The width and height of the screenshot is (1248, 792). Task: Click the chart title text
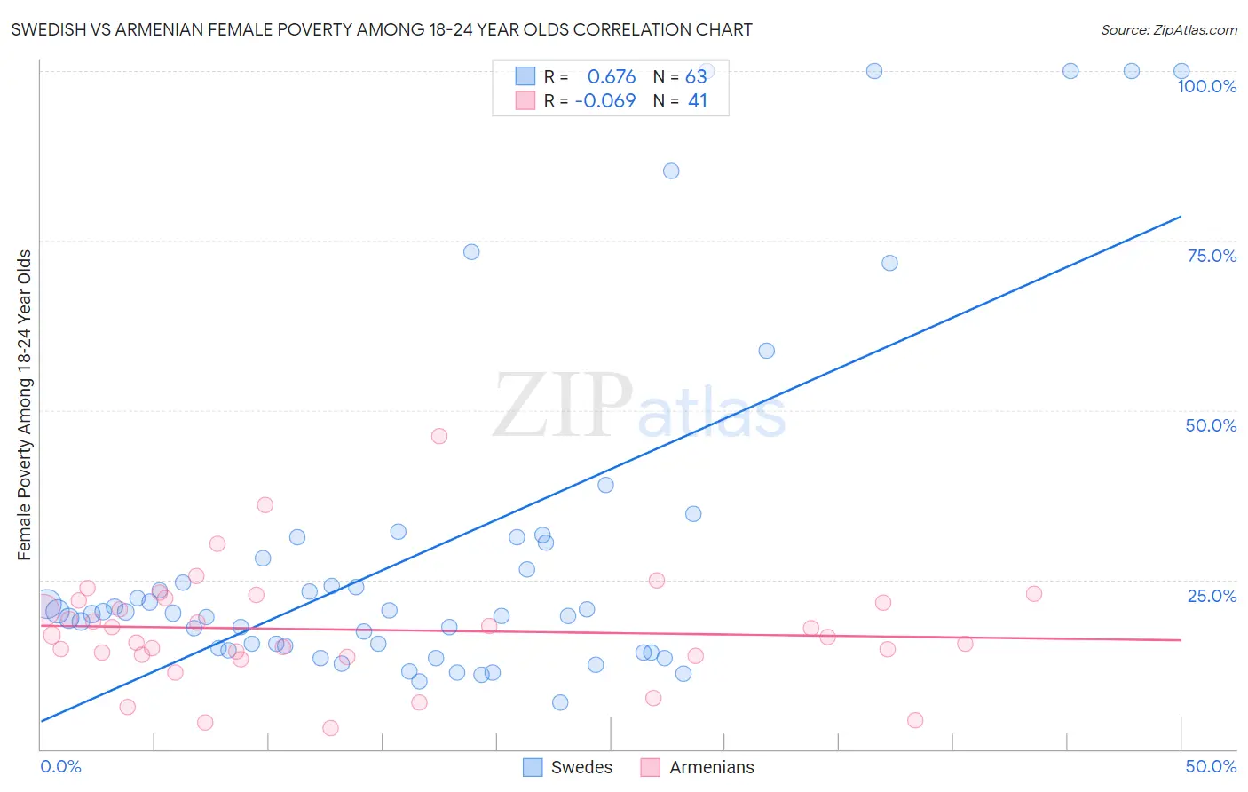tap(381, 29)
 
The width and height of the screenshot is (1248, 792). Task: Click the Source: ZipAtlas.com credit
tap(1168, 29)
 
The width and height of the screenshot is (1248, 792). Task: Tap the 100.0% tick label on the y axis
tap(1206, 86)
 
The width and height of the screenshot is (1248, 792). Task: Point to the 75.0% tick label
tap(1211, 256)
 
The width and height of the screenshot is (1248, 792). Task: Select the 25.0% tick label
tap(1211, 596)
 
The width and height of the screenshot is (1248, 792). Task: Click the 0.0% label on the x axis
tap(60, 766)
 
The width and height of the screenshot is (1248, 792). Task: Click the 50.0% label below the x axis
tap(1210, 766)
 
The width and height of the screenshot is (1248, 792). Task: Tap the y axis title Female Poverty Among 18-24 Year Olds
tap(25, 405)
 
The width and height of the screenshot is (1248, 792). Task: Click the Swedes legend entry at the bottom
tap(568, 767)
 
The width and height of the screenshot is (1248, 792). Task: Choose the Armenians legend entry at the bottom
tap(698, 767)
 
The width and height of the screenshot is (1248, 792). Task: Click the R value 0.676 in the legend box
tap(611, 76)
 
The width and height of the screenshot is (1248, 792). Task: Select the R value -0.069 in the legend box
tap(605, 101)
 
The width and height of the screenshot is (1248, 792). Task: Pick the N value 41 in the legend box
tap(698, 101)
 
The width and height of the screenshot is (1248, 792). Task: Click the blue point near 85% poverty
tap(671, 170)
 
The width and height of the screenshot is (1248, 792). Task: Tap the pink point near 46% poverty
tap(438, 436)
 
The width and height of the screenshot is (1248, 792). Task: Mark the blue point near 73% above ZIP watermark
tap(471, 252)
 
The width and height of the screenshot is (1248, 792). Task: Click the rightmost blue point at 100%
tap(1181, 71)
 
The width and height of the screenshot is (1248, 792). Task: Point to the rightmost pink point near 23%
tap(1033, 594)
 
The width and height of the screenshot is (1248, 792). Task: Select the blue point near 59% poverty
tap(766, 351)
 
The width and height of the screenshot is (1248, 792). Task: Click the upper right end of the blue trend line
tap(1180, 217)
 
